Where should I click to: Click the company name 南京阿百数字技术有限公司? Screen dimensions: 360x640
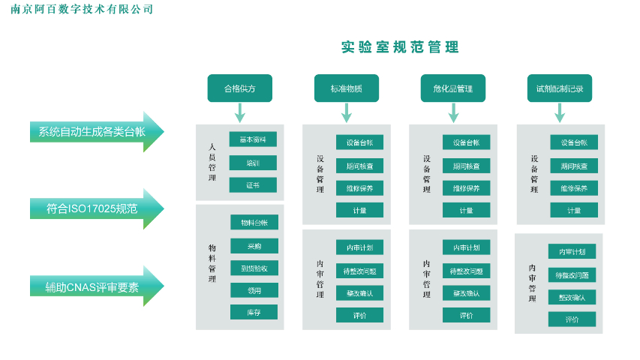point(83,9)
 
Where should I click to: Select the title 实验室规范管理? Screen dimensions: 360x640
point(400,47)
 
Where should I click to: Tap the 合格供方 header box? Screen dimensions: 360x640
point(239,88)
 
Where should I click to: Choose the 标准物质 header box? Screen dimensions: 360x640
point(346,88)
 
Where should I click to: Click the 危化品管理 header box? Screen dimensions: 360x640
point(452,88)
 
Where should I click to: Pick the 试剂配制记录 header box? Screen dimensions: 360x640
point(560,88)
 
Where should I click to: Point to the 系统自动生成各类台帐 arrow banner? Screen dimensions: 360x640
point(93,131)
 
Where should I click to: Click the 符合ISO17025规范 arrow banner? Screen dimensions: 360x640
point(93,208)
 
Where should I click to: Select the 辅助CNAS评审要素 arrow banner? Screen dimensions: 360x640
point(93,286)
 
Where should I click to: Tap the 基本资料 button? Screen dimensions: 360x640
point(253,139)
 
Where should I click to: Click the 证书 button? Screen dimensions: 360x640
point(253,184)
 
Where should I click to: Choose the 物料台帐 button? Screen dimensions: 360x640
point(254,223)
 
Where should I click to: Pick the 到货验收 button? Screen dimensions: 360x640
point(254,268)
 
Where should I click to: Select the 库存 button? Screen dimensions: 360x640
point(254,312)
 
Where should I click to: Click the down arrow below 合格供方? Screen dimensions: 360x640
point(239,113)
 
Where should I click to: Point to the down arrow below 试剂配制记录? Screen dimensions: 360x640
point(560,113)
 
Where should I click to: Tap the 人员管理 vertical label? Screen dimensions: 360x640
point(212,162)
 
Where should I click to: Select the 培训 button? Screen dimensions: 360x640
point(253,162)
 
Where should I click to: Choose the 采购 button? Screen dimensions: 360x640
point(254,245)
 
